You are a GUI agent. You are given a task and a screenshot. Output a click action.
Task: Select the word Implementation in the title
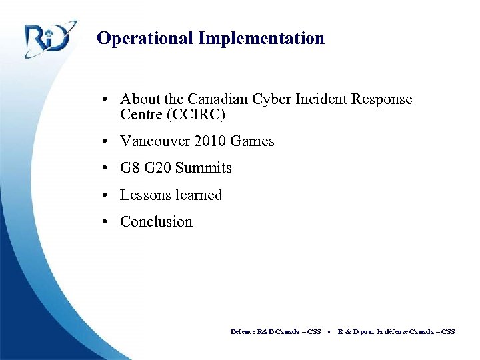[261, 39]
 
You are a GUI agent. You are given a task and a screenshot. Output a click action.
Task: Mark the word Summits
[203, 168]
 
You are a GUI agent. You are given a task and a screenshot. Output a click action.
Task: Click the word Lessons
[143, 195]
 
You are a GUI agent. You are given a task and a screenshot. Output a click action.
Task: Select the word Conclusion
[156, 221]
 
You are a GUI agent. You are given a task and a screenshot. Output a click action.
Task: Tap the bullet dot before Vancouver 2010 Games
[106, 142]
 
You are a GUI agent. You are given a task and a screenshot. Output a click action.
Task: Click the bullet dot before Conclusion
[106, 222]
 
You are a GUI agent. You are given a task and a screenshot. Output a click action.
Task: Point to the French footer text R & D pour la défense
[373, 331]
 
